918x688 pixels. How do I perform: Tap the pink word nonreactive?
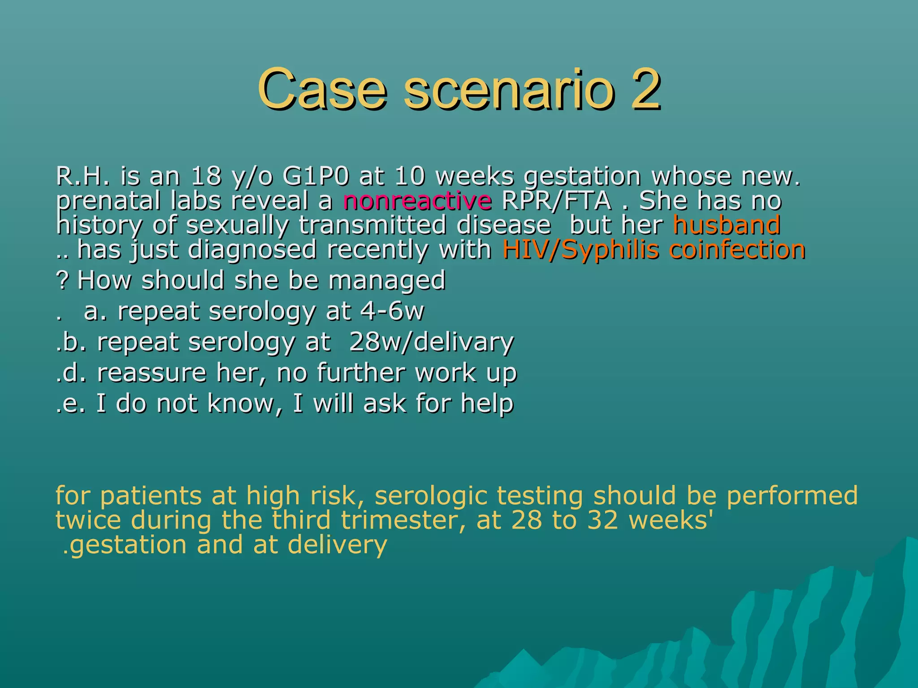pyautogui.click(x=417, y=201)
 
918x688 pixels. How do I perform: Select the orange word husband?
pyautogui.click(x=727, y=225)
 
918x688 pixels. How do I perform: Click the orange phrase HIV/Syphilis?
pyautogui.click(x=581, y=249)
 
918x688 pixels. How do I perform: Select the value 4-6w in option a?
pyautogui.click(x=392, y=311)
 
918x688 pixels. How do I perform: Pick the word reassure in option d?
pyautogui.click(x=152, y=373)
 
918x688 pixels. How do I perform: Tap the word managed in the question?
pyautogui.click(x=387, y=280)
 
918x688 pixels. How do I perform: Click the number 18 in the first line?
pyautogui.click(x=206, y=176)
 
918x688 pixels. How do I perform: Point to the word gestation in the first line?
pyautogui.click(x=582, y=176)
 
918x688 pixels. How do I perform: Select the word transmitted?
pyautogui.click(x=372, y=225)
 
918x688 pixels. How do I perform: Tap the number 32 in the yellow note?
pyautogui.click(x=603, y=520)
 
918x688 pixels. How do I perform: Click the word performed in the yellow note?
pyautogui.click(x=792, y=496)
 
